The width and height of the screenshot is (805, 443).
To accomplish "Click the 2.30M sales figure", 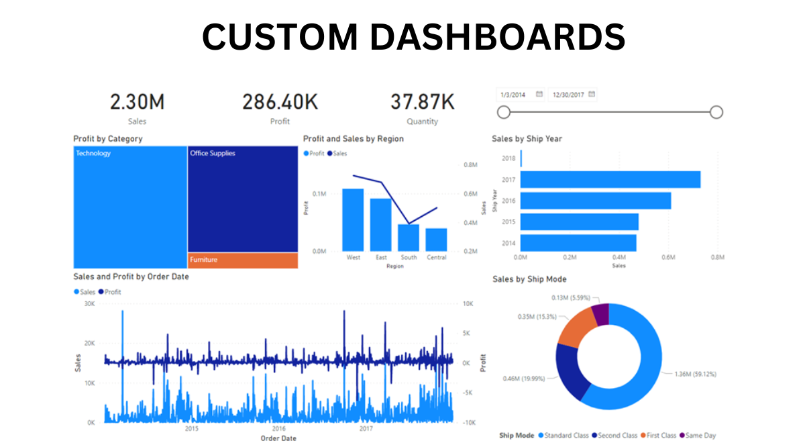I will click(137, 102).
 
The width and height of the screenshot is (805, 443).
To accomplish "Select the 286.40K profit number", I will click(280, 102).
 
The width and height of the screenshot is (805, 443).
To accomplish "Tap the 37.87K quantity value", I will click(422, 102).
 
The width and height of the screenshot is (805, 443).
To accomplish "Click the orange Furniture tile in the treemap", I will click(243, 260).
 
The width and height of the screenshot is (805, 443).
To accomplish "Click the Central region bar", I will click(436, 239).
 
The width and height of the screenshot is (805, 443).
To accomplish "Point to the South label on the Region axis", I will click(409, 257).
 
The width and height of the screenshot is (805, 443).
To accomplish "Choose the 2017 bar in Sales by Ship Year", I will click(610, 180).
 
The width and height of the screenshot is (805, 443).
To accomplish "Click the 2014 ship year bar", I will click(578, 242).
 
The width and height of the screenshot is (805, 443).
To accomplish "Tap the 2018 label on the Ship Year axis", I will click(508, 158).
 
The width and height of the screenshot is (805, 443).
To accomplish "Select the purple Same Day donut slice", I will click(600, 314).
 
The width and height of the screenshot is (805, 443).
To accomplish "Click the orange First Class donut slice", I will click(577, 328).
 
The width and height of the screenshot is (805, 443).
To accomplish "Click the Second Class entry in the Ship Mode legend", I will click(616, 436).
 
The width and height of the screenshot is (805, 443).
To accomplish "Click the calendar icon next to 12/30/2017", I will click(592, 95).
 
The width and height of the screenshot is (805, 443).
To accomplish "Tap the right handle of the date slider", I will click(716, 112).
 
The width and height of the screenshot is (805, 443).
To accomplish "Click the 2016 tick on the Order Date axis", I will click(279, 428).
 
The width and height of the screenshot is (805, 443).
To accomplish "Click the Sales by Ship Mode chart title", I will click(529, 279).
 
